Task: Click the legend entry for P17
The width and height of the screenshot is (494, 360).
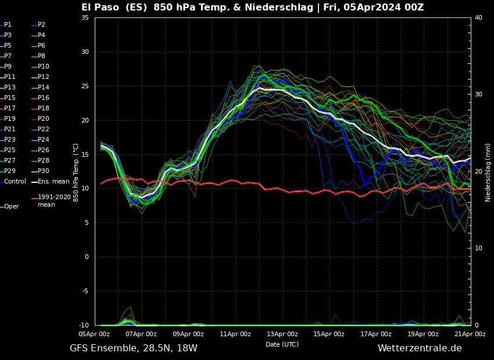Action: [10, 109]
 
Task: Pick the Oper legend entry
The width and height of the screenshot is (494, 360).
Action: [12, 207]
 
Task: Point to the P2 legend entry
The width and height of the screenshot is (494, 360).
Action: [41, 25]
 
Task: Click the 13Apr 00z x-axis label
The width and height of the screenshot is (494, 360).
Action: [282, 334]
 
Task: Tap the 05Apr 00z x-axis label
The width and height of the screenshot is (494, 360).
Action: [94, 334]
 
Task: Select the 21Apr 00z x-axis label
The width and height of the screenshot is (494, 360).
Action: [470, 334]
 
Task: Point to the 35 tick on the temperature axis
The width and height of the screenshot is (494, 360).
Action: [85, 18]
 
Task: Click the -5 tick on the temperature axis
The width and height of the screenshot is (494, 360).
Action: [85, 291]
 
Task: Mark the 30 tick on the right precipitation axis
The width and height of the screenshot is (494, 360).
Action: [478, 94]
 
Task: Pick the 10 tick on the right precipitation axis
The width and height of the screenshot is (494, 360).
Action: [478, 249]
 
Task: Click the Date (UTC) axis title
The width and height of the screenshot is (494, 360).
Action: [282, 345]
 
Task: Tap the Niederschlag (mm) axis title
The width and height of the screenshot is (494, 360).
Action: [488, 172]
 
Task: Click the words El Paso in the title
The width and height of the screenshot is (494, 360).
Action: [101, 8]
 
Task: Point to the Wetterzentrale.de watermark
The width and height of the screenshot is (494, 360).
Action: [420, 348]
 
